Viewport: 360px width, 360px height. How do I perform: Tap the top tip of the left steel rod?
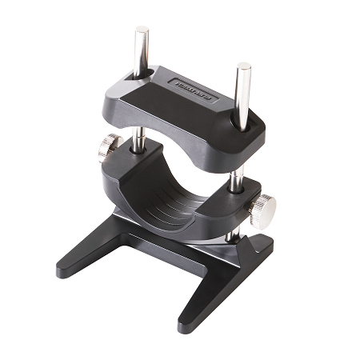click(x=141, y=30)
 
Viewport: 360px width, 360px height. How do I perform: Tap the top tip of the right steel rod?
click(x=242, y=66)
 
